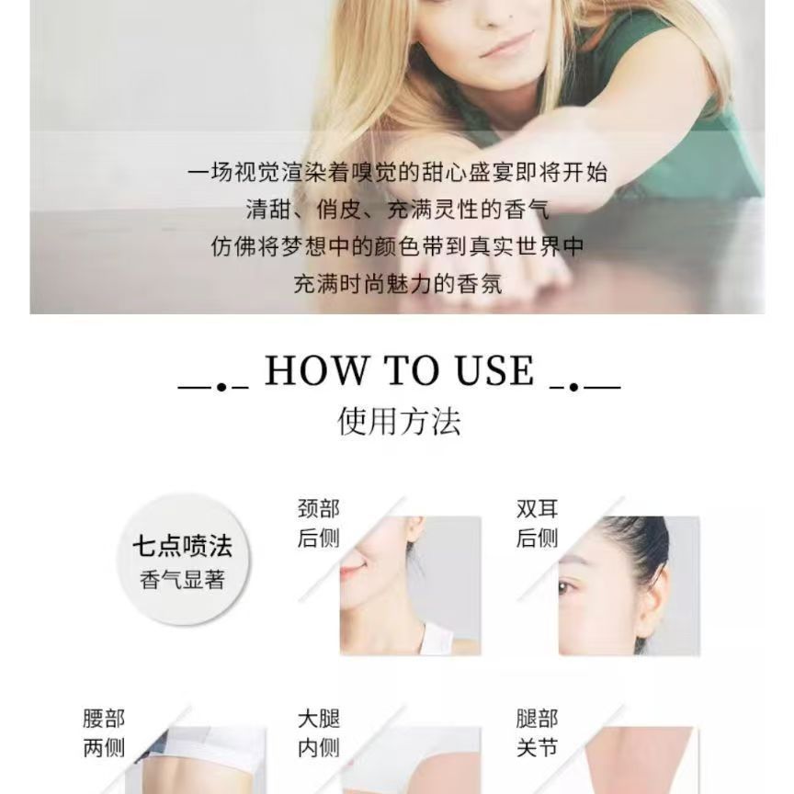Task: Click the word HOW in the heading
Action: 316,370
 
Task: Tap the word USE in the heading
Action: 494,370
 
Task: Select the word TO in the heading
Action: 411,370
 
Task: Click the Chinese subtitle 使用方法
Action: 399,421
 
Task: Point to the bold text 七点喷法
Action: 182,547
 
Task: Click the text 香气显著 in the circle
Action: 182,579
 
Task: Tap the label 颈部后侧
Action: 319,523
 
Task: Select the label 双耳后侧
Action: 538,523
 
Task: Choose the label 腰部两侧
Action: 104,733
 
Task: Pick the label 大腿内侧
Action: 319,733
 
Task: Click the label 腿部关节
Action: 538,733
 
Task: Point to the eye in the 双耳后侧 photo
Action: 564,588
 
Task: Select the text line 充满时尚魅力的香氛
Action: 398,284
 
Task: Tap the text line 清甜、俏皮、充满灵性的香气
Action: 398,210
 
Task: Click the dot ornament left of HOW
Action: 221,388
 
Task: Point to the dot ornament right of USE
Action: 573,388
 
